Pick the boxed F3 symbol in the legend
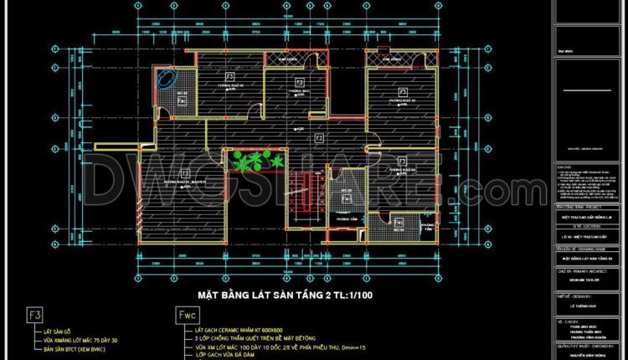click(x=35, y=315)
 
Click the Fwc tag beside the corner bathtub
click(x=183, y=100)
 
